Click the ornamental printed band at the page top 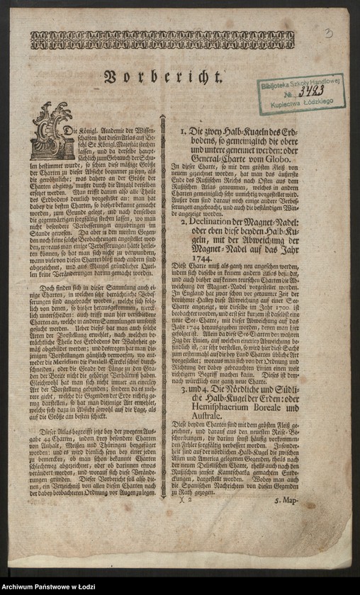pos(162,40)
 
